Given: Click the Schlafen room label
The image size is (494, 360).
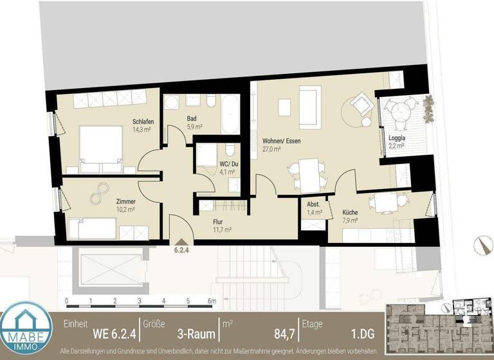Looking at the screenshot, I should tap(142, 122).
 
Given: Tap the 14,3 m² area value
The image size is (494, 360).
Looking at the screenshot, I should tap(142, 130).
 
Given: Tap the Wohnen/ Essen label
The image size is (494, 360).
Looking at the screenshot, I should tap(281, 141).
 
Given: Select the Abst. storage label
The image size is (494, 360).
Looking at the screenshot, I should tap(313, 204).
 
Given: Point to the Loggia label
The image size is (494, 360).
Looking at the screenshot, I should tap(397, 138).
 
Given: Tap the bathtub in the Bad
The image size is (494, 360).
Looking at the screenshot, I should tap(230, 114).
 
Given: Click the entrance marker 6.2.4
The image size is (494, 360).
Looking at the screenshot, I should tap(182, 251).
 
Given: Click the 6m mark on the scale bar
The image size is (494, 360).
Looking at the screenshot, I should tap(211, 301).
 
